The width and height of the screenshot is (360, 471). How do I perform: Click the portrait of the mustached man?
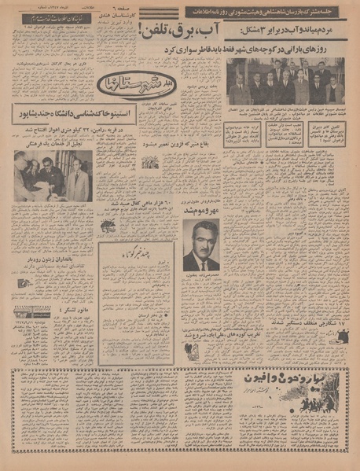(200, 245)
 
